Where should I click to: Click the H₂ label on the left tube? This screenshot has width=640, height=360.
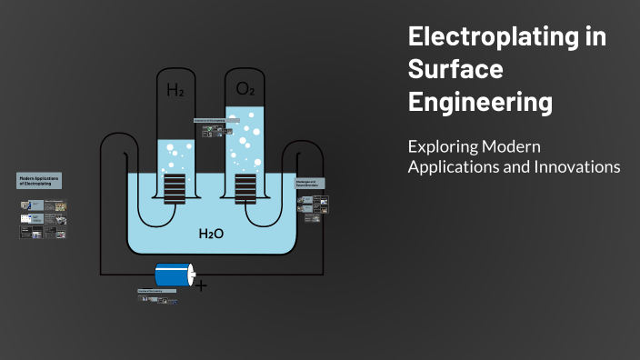[x=175, y=90]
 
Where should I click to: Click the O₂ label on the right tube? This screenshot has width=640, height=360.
[x=245, y=88]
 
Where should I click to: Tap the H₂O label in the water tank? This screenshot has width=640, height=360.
[x=211, y=234]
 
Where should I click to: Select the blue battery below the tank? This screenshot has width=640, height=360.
[x=173, y=275]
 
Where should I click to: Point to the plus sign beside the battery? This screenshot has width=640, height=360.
[x=201, y=286]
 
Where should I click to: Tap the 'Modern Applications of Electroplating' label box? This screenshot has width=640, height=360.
[x=39, y=180]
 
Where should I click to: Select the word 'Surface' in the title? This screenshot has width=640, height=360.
[x=455, y=70]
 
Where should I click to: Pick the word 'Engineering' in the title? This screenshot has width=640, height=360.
[x=480, y=102]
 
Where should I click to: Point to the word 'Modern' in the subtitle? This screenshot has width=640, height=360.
[x=509, y=146]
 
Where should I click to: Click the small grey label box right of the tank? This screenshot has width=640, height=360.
[x=310, y=183]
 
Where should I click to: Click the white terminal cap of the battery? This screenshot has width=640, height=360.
[x=190, y=275]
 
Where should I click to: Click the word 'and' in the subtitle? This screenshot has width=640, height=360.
[x=514, y=167]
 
